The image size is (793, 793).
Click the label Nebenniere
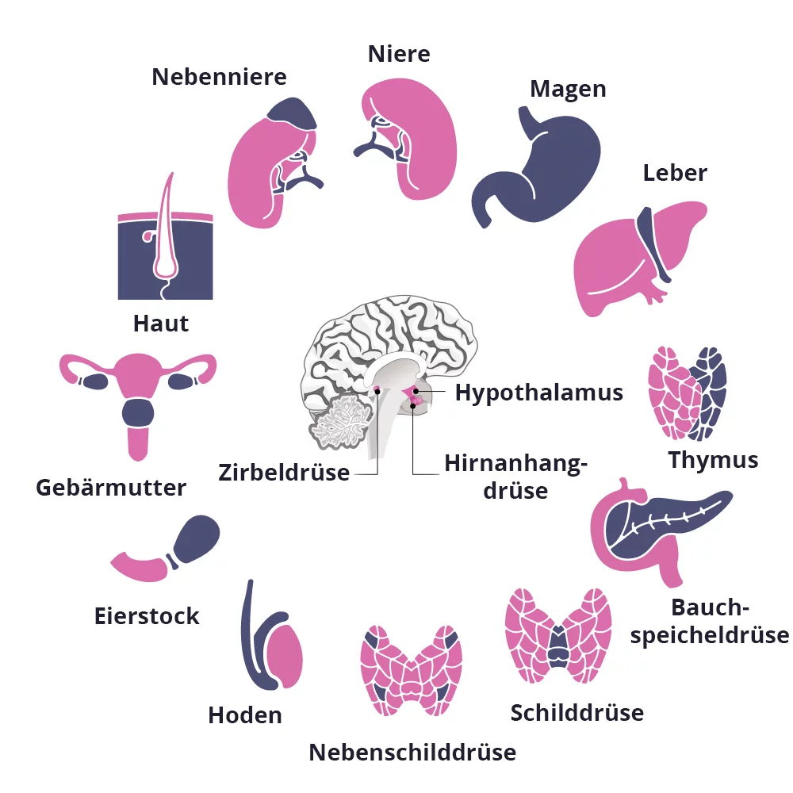219,77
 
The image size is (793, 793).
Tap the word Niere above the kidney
399,54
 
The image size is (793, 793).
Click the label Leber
675,173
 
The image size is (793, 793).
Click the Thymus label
713,460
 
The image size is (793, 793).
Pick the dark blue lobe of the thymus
710,389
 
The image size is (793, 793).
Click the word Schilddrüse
577,713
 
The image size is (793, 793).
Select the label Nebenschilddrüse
412,752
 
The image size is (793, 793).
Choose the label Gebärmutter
111,487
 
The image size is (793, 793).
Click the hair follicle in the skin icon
166,238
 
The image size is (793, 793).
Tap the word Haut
161,324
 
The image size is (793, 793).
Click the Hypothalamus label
538,393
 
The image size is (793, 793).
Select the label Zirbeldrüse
284,473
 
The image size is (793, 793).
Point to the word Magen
568,89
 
